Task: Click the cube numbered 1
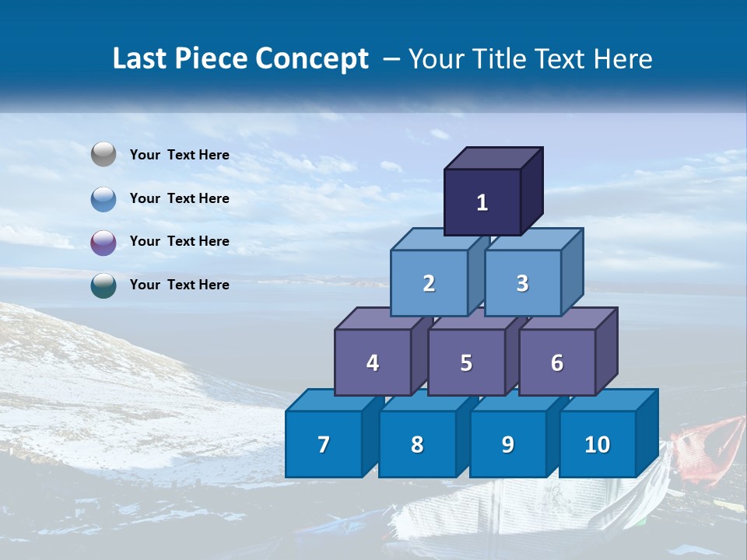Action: [x=482, y=202]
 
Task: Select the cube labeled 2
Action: [x=429, y=283]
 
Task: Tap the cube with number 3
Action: [x=522, y=283]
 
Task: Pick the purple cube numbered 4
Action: [x=373, y=362]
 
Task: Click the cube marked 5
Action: [x=466, y=362]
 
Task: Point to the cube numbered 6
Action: [x=557, y=362]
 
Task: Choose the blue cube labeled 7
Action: [x=324, y=444]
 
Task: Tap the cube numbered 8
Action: [x=417, y=444]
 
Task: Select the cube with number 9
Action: [x=507, y=444]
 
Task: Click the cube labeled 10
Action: [x=597, y=444]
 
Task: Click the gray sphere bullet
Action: [x=103, y=155]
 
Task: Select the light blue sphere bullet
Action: [x=103, y=198]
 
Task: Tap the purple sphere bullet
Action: [x=103, y=242]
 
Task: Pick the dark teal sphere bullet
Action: [x=103, y=285]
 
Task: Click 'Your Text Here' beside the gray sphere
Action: [x=180, y=155]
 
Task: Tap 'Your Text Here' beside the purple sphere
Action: [x=180, y=241]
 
